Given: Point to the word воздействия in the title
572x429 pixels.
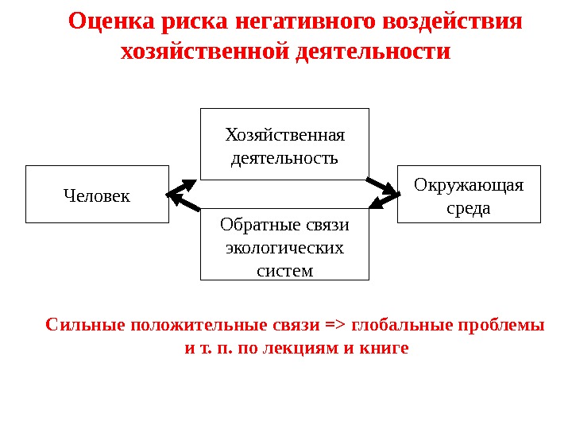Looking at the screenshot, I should [x=452, y=21].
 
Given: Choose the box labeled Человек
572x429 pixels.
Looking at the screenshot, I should [x=97, y=194].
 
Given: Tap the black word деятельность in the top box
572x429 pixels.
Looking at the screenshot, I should [x=284, y=157].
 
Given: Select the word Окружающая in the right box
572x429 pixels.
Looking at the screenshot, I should [x=469, y=185].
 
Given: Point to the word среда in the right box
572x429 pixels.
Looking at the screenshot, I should [x=469, y=209].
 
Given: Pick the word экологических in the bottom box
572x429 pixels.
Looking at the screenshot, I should [x=285, y=248].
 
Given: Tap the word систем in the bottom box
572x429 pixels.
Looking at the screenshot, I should [x=285, y=271].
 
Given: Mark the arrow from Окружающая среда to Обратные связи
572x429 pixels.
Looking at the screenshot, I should [x=385, y=204].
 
